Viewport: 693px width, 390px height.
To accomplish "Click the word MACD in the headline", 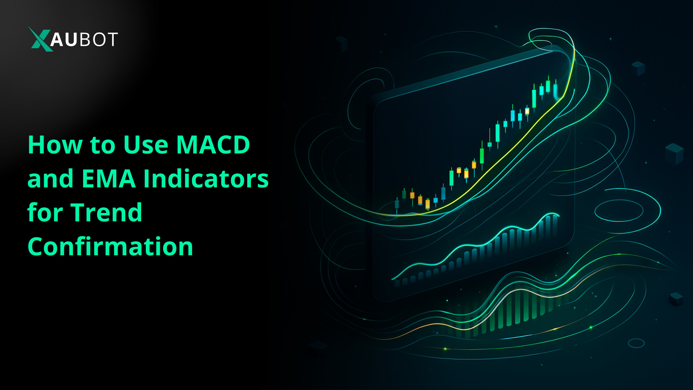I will [x=213, y=145].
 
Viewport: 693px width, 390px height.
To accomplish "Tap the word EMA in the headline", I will [x=109, y=179].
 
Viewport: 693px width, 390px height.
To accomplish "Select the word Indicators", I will [x=206, y=179].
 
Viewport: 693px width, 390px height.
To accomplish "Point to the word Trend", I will [x=106, y=213].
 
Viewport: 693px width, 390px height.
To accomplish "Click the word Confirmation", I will [x=110, y=247].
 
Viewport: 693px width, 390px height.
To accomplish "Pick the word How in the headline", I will [x=55, y=145].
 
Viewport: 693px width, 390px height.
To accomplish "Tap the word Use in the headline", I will [x=146, y=145].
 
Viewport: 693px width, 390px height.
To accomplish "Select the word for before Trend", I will [x=45, y=213].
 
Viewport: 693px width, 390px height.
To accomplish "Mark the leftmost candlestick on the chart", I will [x=397, y=205].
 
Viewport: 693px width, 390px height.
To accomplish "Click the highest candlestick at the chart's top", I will [x=548, y=86].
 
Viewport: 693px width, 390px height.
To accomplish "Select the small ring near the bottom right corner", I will [x=636, y=343].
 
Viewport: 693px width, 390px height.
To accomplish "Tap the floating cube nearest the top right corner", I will [x=638, y=68].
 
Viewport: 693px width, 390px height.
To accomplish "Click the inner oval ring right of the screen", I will [x=619, y=211].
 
